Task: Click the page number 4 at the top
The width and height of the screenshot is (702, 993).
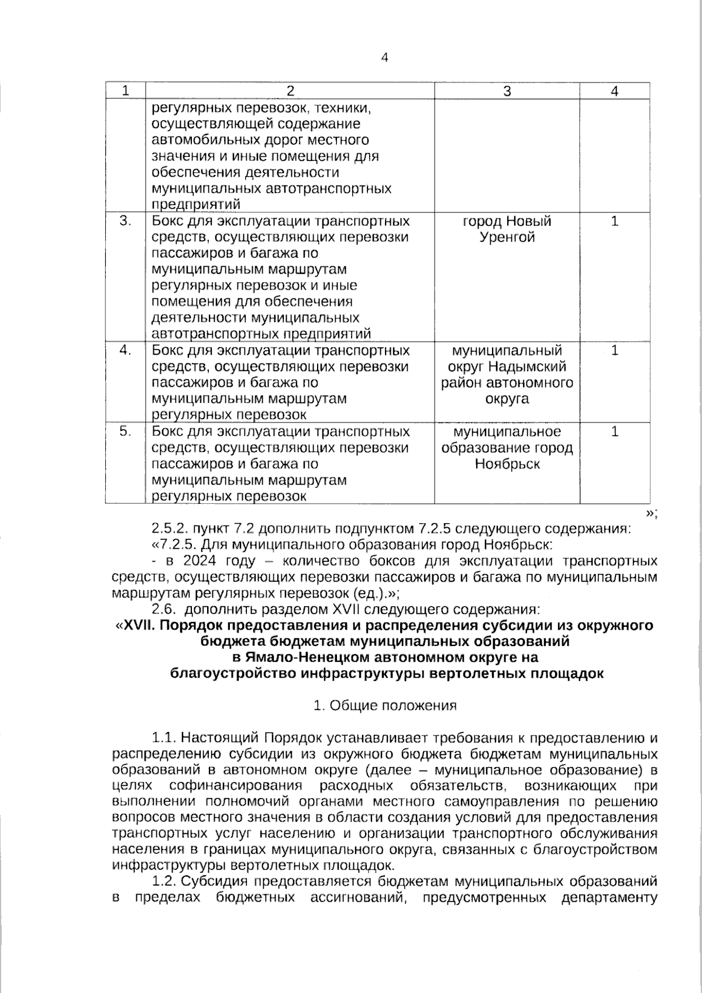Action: (384, 57)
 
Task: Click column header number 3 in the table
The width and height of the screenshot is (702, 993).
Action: (507, 91)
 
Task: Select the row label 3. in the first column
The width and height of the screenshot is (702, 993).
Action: (125, 221)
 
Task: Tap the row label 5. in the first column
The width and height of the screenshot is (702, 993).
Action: (125, 431)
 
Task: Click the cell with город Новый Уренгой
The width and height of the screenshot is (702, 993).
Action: (507, 229)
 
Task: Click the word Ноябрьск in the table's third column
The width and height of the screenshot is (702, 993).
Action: (507, 464)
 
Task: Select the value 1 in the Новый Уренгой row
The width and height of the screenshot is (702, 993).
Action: (614, 221)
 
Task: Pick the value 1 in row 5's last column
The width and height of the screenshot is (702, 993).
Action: (614, 431)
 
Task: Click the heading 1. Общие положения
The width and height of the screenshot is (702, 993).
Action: (384, 706)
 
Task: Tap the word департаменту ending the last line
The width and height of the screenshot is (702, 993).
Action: (609, 897)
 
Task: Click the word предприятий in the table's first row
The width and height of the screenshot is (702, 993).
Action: (189, 205)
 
